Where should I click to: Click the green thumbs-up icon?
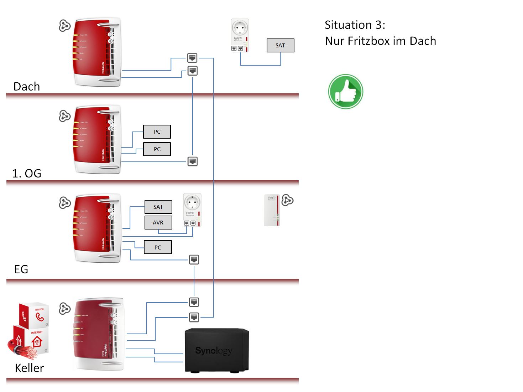tap(345, 92)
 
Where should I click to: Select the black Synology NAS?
tap(216, 351)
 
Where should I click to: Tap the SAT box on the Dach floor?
tap(281, 46)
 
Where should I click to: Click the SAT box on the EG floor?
tap(158, 207)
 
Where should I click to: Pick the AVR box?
tap(158, 222)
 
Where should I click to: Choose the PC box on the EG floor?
tap(158, 247)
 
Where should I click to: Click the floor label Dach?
tap(27, 87)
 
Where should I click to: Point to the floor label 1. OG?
tap(27, 174)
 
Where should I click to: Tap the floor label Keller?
tap(29, 368)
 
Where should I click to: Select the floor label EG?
tap(21, 269)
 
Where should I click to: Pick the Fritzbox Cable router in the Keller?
tap(99, 334)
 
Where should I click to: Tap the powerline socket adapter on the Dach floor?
tap(240, 35)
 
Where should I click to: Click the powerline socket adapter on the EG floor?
tap(192, 210)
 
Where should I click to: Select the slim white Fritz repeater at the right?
tap(272, 210)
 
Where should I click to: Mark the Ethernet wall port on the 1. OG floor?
tap(193, 161)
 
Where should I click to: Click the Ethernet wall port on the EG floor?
tap(194, 259)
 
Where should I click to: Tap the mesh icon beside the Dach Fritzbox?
tap(64, 26)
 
